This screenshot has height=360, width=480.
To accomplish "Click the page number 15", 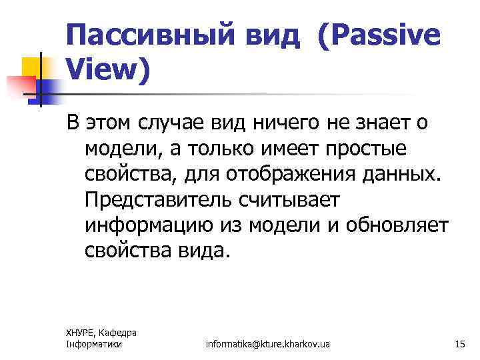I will click(459, 344).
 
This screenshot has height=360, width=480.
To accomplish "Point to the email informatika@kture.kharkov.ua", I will click(268, 344).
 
